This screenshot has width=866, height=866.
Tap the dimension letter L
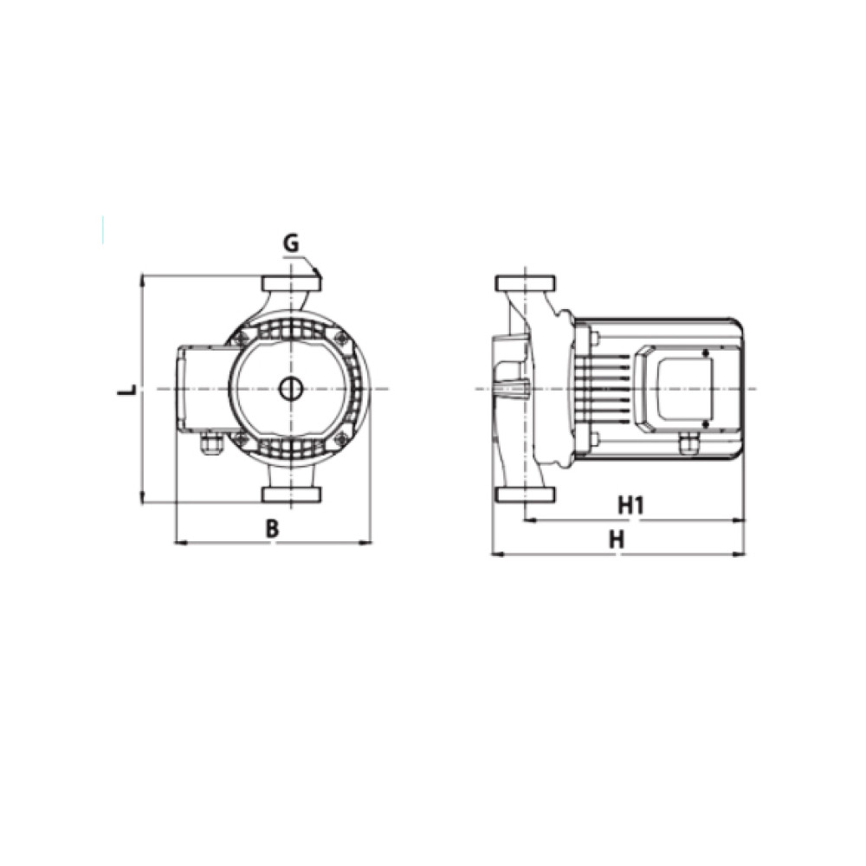(127, 389)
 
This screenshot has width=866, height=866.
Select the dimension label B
(272, 528)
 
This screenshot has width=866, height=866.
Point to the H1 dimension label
(630, 505)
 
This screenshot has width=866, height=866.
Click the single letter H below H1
(617, 539)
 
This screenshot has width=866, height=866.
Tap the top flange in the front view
(292, 284)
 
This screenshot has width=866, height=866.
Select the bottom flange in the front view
(292, 494)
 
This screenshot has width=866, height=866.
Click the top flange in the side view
(527, 284)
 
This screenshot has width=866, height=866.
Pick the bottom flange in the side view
(527, 494)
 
